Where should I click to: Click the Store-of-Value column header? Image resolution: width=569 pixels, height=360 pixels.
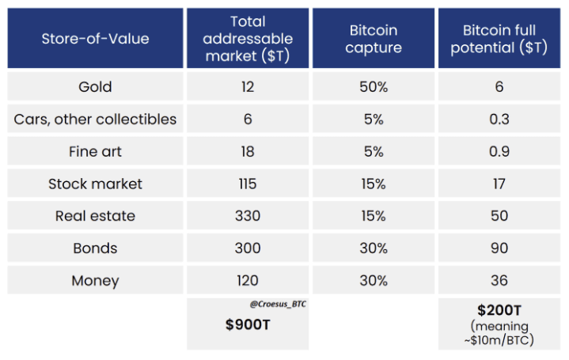[x=95, y=38]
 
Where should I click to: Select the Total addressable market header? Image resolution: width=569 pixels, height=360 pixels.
[x=247, y=38]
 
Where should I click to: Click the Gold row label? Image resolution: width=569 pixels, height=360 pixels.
[x=95, y=87]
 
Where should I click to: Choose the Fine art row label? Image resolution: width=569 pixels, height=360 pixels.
[x=95, y=151]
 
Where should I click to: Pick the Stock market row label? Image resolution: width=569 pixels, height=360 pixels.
[x=95, y=184]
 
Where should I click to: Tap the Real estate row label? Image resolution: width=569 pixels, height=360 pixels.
[x=95, y=216]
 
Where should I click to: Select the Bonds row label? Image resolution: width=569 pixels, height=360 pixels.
[x=95, y=248]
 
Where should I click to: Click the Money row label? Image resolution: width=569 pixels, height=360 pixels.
[x=95, y=281]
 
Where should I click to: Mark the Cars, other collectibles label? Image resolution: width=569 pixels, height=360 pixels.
[x=95, y=119]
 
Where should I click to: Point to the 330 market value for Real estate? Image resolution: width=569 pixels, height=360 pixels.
[x=247, y=216]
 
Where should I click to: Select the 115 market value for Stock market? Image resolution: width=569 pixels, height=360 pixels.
[x=247, y=184]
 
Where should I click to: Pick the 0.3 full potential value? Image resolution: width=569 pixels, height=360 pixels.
[x=499, y=119]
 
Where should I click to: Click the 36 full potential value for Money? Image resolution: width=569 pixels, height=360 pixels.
[x=499, y=281]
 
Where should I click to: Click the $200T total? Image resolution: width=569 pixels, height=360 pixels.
[x=499, y=310]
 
